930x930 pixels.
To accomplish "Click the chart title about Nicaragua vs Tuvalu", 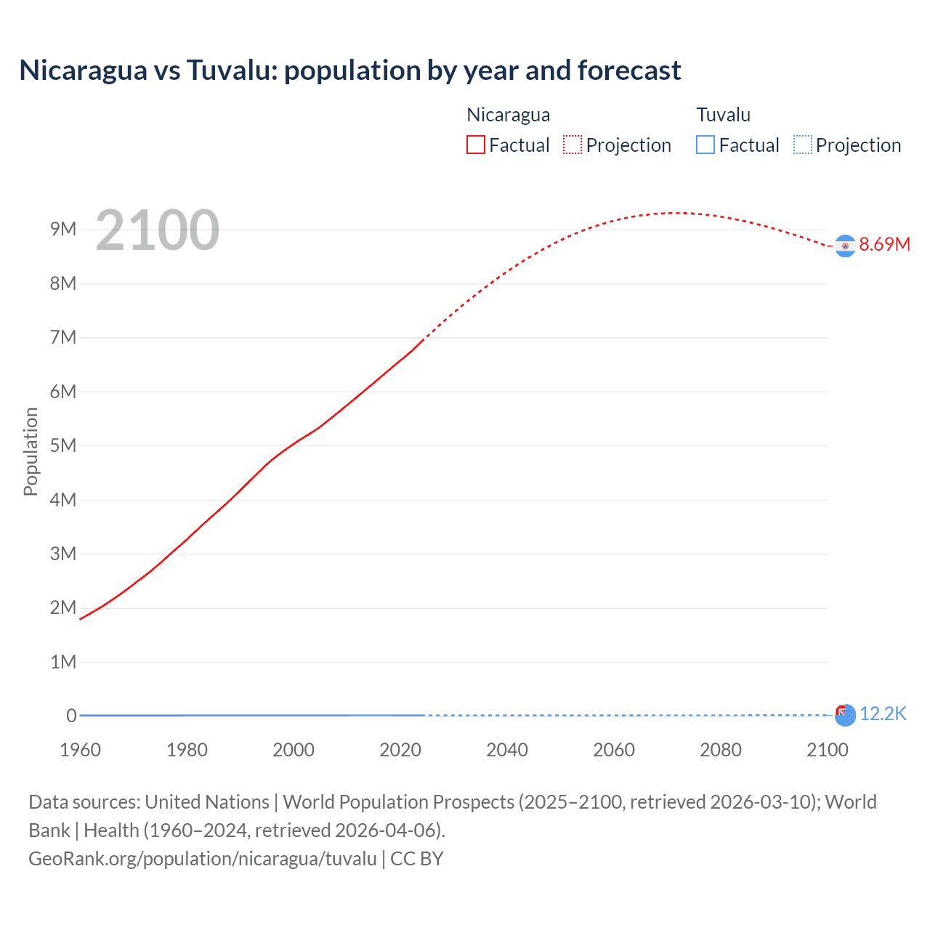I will [349, 70].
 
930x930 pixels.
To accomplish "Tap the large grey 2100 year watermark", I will [157, 230].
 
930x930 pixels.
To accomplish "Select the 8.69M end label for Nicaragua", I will [884, 244].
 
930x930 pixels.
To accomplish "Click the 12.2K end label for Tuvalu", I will [883, 714].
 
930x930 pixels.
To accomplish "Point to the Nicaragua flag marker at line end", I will [844, 246].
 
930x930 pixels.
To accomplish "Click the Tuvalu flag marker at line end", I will [844, 716].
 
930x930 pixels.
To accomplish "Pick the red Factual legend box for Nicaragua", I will [476, 145].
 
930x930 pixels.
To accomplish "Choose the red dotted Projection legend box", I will [573, 145].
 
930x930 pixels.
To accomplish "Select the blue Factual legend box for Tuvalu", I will [705, 145].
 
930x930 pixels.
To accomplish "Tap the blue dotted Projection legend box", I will [802, 145].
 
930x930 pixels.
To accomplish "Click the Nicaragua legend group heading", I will [508, 115].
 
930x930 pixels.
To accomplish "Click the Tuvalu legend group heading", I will [723, 115].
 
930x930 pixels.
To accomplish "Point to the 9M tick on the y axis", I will [63, 230].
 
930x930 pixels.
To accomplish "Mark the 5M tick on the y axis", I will [63, 445].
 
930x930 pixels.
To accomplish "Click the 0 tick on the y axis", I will [71, 716].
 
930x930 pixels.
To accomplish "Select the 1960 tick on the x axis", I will [80, 750].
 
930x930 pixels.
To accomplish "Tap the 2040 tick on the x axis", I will [507, 750].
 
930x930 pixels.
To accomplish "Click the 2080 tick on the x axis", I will [721, 750].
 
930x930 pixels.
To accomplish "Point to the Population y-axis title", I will [31, 451].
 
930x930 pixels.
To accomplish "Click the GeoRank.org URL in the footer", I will [203, 859].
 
